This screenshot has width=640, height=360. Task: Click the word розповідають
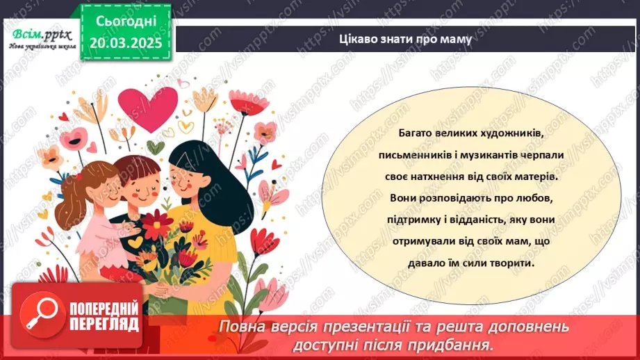click(458, 198)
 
